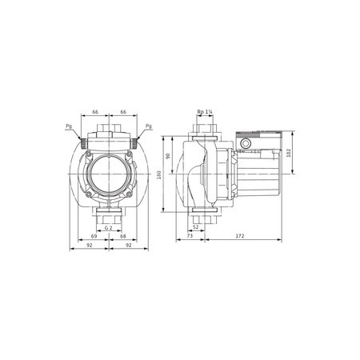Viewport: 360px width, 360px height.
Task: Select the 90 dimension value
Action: [x=170, y=156]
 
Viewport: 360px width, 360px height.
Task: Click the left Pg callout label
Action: [x=68, y=126]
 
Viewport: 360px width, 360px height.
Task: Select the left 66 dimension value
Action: [x=94, y=113]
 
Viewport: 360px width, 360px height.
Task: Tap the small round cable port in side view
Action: [x=246, y=146]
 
